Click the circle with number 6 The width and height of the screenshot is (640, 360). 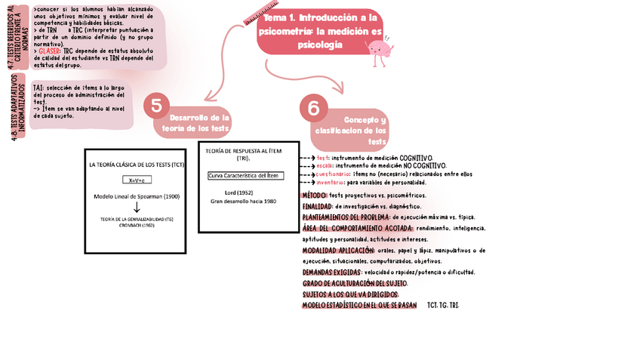(x=314, y=109)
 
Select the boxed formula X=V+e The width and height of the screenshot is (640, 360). (x=136, y=180)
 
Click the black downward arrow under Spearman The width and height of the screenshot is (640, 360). (x=137, y=207)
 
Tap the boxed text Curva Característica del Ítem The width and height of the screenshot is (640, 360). (x=243, y=176)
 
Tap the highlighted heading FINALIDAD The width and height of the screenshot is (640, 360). (x=316, y=205)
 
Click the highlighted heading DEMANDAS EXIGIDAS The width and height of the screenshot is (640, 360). (x=331, y=272)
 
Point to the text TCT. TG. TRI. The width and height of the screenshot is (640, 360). (x=443, y=305)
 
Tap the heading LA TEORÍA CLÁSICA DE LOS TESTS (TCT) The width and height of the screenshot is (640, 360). (x=136, y=164)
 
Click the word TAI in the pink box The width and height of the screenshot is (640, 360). (x=38, y=88)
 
